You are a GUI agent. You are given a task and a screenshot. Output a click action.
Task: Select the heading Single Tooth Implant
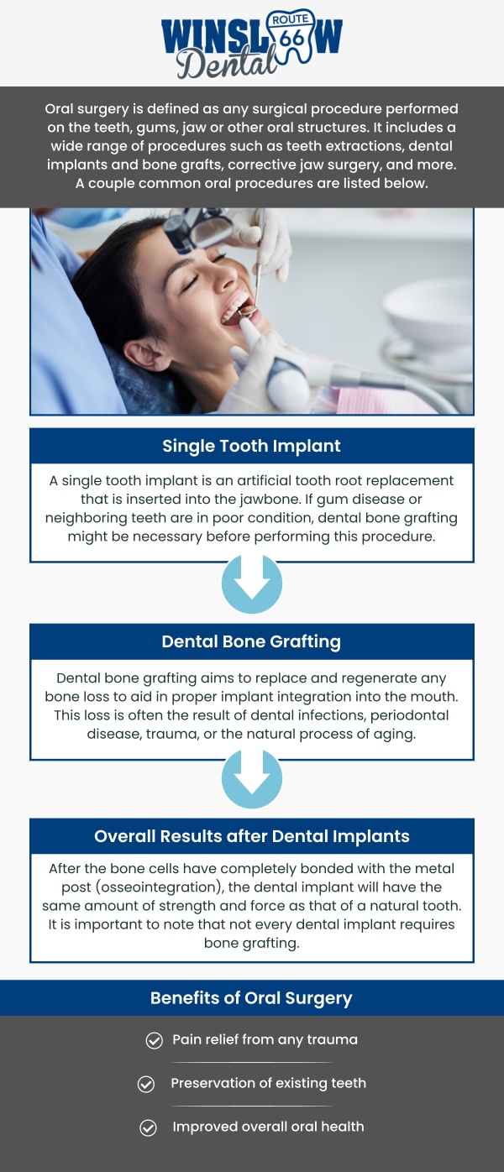coord(252,446)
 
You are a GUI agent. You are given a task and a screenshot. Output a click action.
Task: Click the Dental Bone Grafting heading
coord(252,641)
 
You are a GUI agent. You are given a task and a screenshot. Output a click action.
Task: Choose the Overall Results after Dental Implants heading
coord(252,836)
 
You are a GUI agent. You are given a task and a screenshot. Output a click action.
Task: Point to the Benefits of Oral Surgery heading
coord(252,998)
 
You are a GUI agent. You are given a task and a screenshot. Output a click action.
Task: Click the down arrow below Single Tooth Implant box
coord(252,583)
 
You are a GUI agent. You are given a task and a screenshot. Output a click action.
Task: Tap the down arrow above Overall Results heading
coord(252,779)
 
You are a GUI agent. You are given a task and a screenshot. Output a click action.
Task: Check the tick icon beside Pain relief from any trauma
coord(155,1041)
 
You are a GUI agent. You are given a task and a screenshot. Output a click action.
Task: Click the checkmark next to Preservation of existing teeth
coord(146,1085)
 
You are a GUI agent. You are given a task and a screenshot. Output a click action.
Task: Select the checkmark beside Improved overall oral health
coord(148,1128)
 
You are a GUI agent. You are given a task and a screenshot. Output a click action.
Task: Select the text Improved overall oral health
coord(268,1127)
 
